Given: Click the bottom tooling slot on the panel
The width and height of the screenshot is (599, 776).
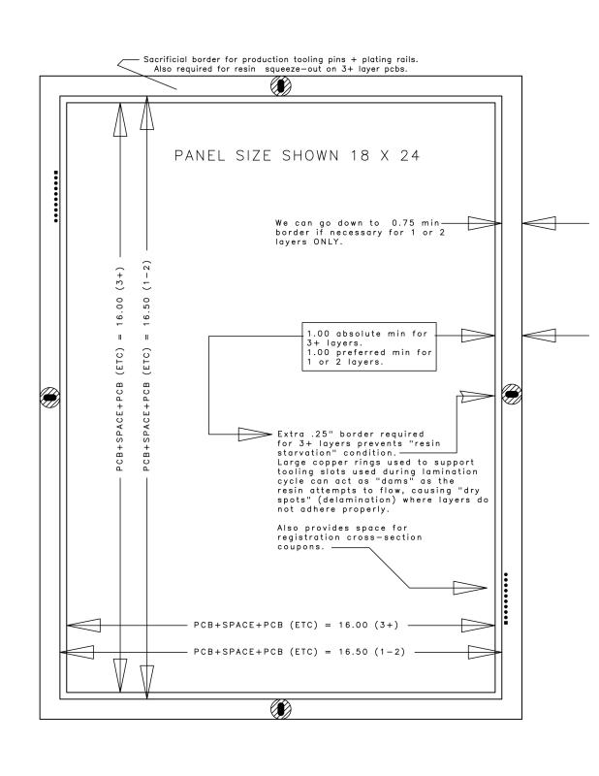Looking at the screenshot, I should point(279,709).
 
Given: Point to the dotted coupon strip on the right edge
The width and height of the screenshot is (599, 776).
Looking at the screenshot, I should point(506,598).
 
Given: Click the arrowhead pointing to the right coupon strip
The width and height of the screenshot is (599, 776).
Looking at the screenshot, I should point(469,587).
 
